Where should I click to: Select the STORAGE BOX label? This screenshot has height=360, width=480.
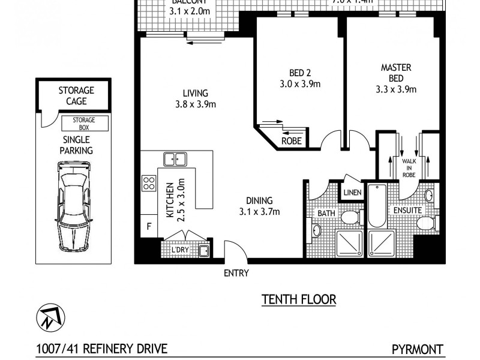85,124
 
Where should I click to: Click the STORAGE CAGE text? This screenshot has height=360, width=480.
76,96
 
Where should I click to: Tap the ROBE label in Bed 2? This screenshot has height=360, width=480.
292,142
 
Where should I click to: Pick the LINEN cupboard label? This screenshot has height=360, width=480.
352,193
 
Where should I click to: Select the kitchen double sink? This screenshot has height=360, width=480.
175,159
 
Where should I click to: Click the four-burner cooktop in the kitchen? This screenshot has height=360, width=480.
149,182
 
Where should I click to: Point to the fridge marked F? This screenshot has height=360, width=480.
148,227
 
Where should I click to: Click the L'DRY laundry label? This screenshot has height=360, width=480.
181,249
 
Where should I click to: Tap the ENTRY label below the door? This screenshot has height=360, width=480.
236,273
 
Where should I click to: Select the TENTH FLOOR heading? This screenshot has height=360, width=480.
298,299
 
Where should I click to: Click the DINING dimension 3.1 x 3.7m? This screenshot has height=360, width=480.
259,211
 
